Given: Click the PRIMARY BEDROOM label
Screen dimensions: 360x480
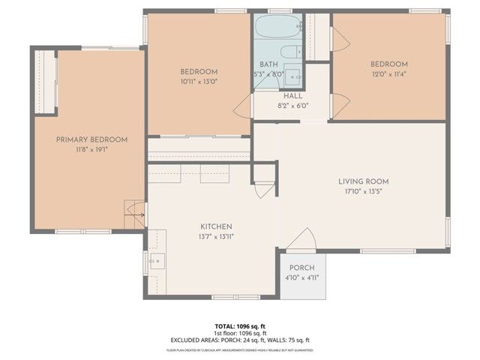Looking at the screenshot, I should click(x=91, y=139).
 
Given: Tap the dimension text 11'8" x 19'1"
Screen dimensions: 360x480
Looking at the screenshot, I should click(x=91, y=150).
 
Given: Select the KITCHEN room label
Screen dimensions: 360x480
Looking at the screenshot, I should click(x=215, y=226).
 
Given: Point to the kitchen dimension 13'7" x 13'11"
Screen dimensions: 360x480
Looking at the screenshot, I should click(x=215, y=237).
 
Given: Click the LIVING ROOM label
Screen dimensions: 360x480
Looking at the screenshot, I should click(x=363, y=181).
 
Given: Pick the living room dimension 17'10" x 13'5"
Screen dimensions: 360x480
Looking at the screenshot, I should click(x=363, y=192).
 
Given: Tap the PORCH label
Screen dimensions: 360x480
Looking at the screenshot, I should click(x=302, y=268).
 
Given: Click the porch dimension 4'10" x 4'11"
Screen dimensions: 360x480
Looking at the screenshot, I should click(x=302, y=277).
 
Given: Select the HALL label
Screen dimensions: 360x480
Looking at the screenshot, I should click(x=292, y=97).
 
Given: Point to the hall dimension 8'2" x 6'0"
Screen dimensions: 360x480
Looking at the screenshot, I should click(x=292, y=106).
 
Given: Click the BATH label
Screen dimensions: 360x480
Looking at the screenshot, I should click(x=268, y=64).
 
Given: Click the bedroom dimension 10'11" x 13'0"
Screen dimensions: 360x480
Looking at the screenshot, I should click(x=198, y=82).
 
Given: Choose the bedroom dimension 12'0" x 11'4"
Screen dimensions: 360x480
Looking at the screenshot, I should click(x=388, y=74).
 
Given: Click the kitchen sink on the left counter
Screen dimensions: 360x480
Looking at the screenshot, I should click(x=157, y=261).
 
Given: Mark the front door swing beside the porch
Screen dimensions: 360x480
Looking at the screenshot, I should click(x=303, y=241).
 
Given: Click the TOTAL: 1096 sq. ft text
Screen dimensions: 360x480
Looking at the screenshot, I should click(x=240, y=326).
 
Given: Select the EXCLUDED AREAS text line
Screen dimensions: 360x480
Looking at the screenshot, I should click(x=240, y=340).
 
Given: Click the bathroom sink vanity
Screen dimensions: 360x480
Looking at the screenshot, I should click(x=294, y=78).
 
